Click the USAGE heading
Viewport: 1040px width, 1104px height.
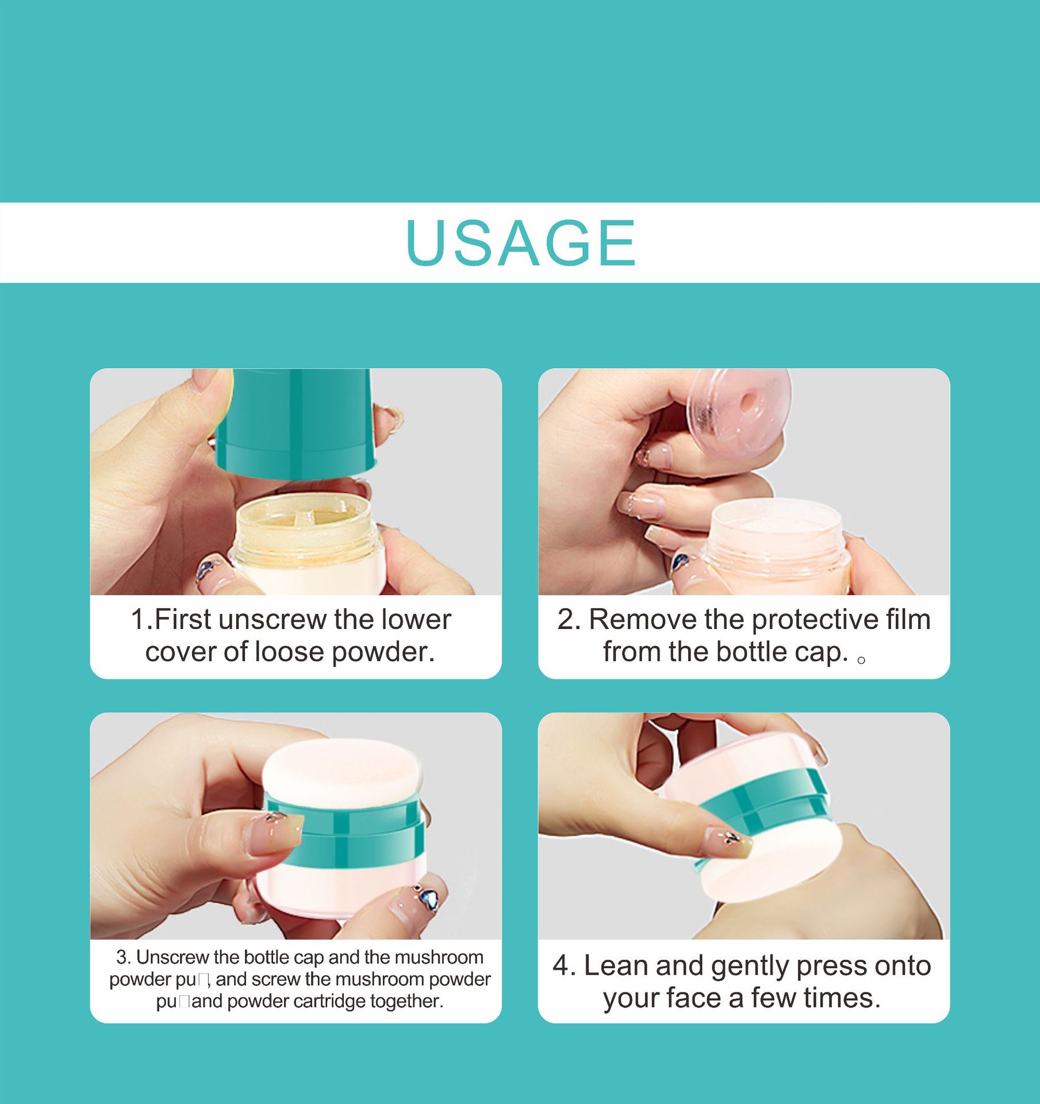coord(520,243)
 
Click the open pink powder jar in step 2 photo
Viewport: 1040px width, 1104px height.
coord(777,543)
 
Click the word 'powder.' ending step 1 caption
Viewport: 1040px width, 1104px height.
coord(383,652)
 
